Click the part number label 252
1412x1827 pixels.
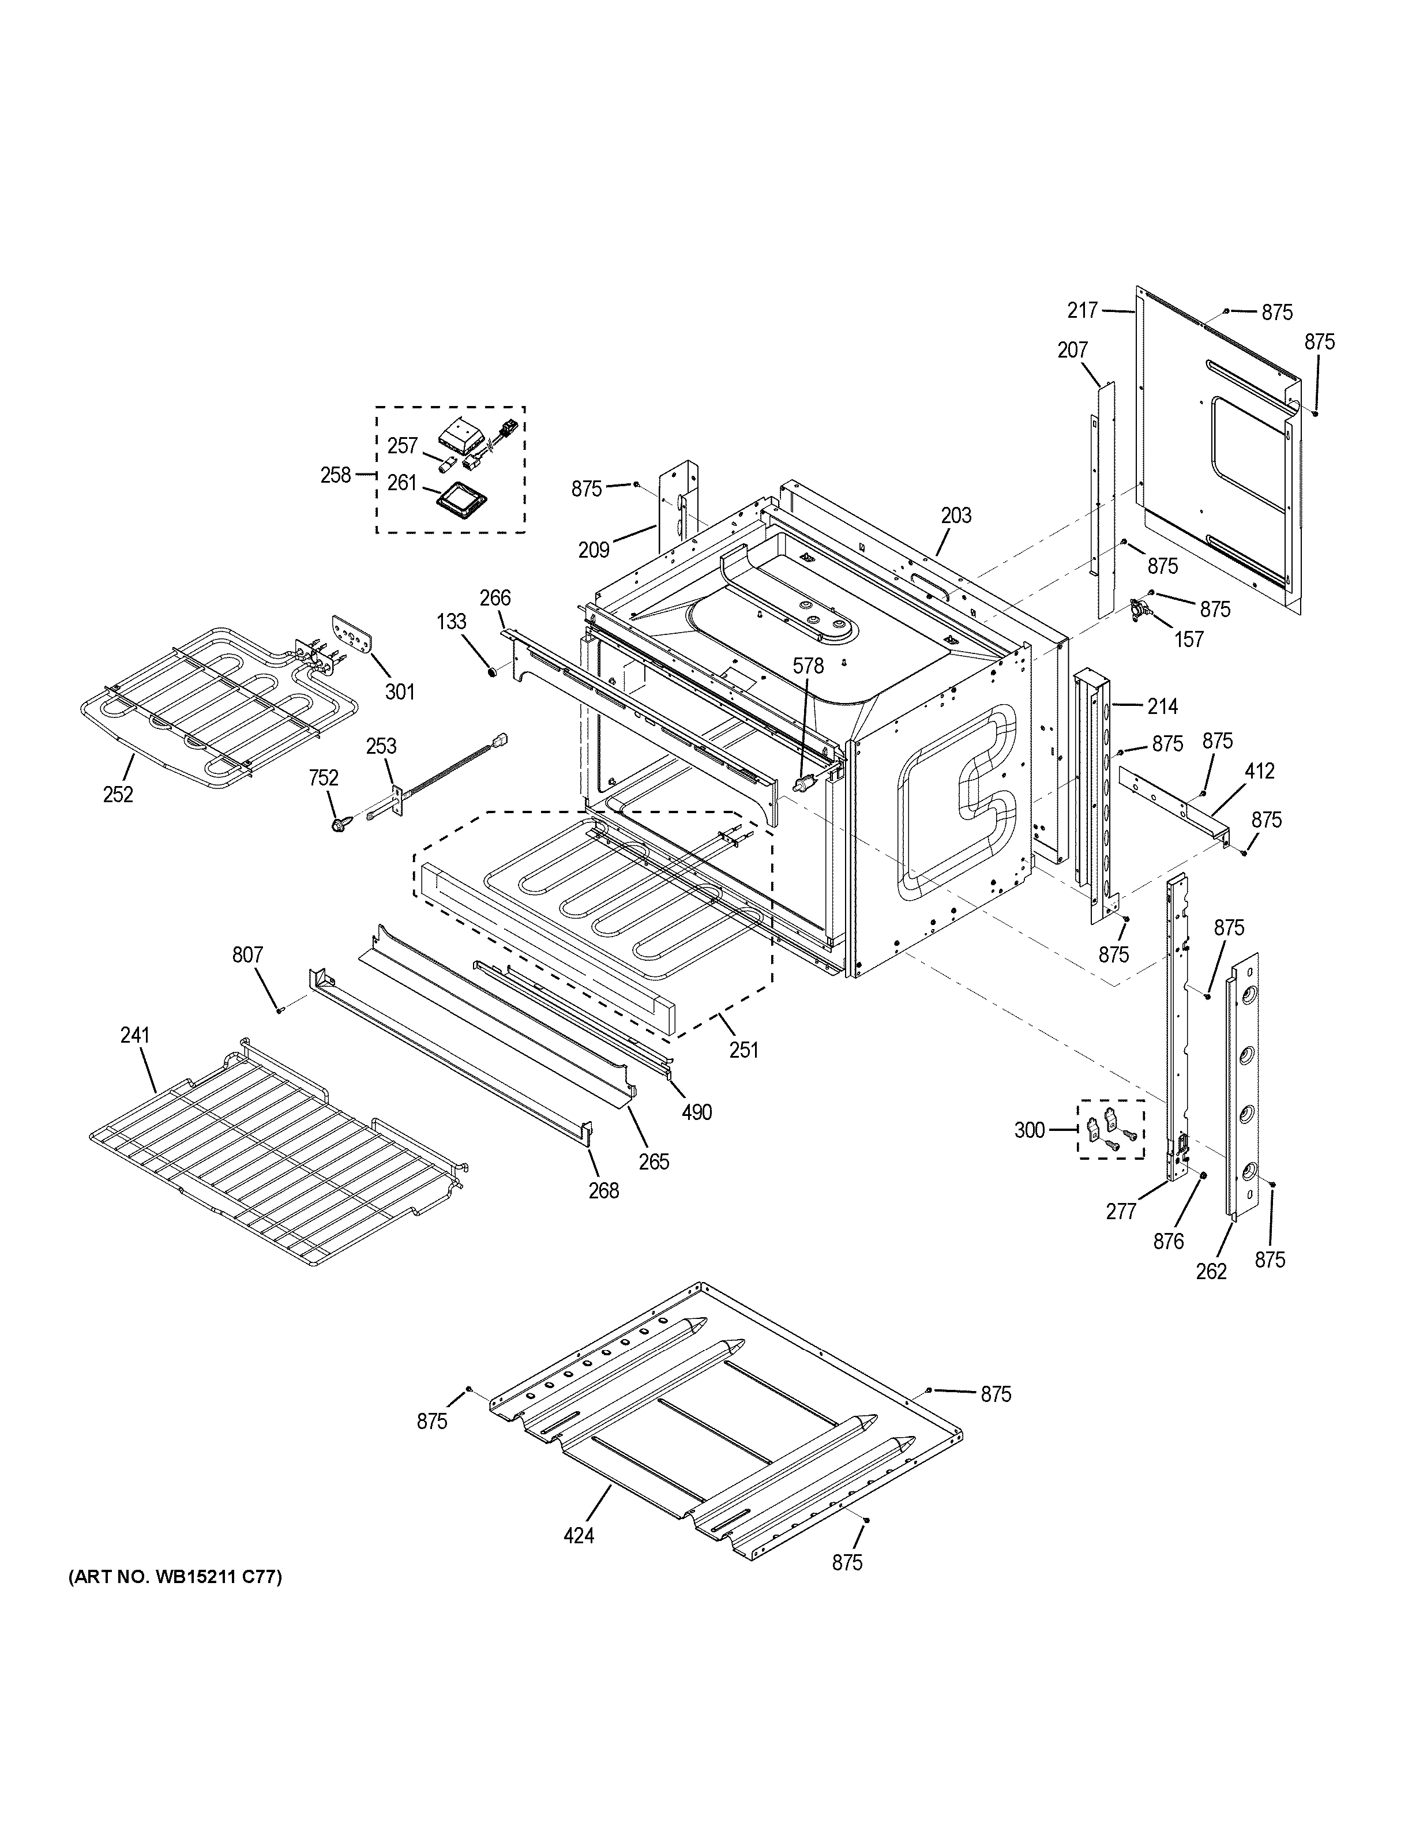pos(118,794)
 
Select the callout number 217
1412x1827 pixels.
pos(1083,310)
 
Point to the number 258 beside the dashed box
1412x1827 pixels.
pos(336,474)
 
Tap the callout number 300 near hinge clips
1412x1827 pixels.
pos(1030,1130)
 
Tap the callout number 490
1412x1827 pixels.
pos(696,1112)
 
